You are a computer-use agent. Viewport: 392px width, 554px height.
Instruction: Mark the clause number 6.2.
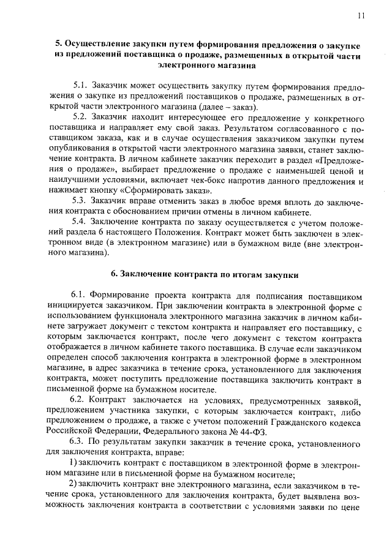pyautogui.click(x=79, y=400)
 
